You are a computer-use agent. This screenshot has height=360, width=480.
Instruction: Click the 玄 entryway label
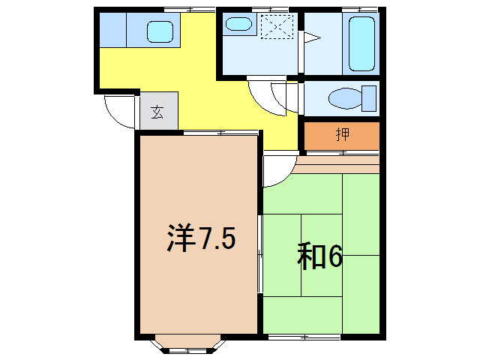[157, 112]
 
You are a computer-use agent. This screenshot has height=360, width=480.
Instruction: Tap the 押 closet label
[342, 135]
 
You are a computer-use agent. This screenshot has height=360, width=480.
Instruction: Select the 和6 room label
[320, 256]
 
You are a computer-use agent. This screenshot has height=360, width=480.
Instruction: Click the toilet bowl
[346, 98]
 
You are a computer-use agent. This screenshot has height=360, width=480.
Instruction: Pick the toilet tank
[368, 98]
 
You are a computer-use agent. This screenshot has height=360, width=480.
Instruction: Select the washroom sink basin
[238, 25]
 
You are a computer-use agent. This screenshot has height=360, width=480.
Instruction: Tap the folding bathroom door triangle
[310, 37]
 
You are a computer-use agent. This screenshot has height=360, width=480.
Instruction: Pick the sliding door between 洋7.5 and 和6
[260, 255]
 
